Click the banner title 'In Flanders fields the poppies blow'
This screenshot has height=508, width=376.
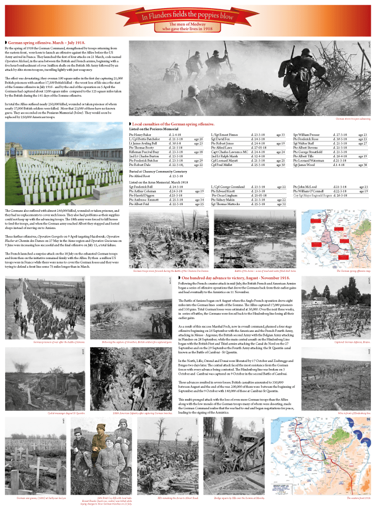188,15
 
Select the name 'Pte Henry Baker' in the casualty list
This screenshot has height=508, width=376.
140,134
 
